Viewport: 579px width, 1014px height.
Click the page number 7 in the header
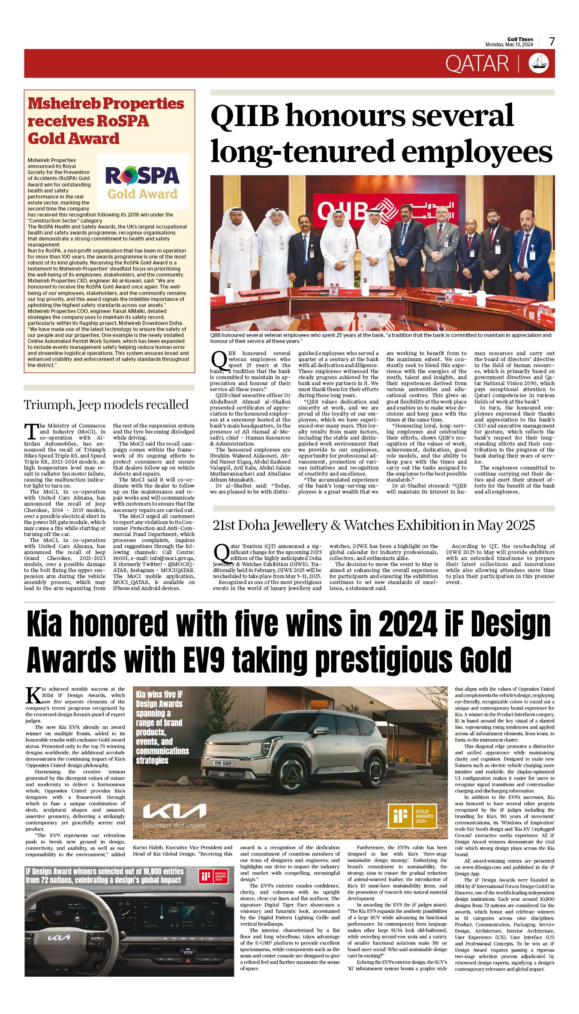click(552, 42)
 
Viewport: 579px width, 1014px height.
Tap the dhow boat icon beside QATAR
click(539, 63)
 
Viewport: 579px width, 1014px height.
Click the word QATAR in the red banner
click(477, 64)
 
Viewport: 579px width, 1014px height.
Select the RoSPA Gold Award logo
click(142, 182)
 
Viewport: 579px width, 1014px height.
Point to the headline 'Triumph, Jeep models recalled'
click(106, 405)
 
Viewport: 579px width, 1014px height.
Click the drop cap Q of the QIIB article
click(219, 361)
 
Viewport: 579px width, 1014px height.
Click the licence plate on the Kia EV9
click(222, 763)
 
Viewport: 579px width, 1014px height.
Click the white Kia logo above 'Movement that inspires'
click(174, 811)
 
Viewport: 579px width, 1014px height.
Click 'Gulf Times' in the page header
click(520, 39)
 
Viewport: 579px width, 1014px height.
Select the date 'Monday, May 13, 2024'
click(509, 45)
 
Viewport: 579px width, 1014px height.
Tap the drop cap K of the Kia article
click(33, 695)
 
